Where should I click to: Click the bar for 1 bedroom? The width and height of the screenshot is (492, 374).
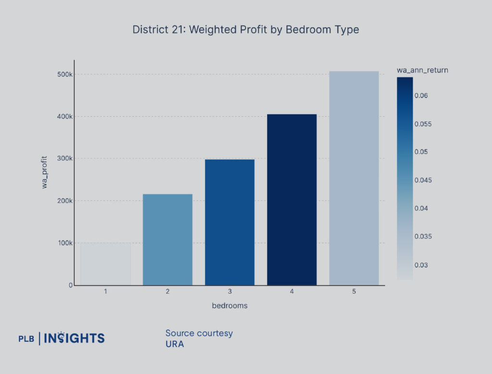point(105,264)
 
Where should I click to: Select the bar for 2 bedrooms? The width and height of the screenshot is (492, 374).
point(168,240)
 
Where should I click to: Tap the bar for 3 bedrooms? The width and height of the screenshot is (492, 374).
point(230,222)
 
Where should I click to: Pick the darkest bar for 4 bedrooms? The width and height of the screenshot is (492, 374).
point(292,199)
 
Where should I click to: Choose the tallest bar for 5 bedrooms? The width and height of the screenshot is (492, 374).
point(354,178)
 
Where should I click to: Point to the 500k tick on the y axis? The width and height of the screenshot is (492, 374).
point(64,75)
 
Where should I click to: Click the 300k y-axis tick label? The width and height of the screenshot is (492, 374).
point(64,159)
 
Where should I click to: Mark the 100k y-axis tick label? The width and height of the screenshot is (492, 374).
point(64,243)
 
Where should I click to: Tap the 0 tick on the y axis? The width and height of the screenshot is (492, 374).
point(70,285)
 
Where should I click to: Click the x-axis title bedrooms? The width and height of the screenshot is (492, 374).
point(230,306)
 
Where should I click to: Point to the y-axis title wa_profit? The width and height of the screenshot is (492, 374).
point(45,172)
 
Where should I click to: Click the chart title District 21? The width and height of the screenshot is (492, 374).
point(246,29)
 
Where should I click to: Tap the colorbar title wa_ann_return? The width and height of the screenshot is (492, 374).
point(422,70)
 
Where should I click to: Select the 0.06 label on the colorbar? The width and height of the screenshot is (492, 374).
point(422,96)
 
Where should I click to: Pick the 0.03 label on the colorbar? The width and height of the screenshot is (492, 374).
point(422,265)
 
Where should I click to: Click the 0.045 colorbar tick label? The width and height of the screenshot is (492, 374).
point(424,181)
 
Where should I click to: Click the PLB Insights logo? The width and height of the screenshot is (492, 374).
point(61,338)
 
